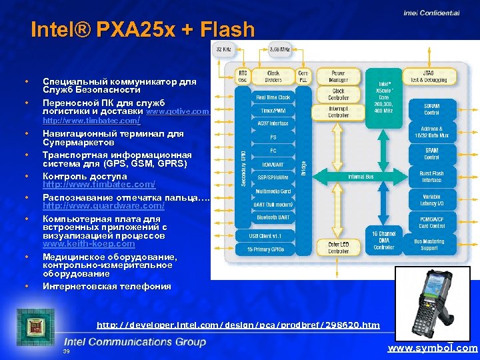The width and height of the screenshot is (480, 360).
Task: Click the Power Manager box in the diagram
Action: click(x=338, y=76)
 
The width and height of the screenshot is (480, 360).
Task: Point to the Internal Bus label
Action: click(x=362, y=177)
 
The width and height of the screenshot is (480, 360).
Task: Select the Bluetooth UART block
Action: click(x=273, y=218)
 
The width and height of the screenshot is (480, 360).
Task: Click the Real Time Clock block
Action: click(x=273, y=97)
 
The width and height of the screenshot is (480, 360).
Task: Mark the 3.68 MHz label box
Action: click(x=279, y=49)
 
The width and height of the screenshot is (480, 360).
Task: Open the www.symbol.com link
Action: click(x=433, y=348)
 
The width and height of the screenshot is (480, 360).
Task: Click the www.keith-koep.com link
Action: click(x=89, y=244)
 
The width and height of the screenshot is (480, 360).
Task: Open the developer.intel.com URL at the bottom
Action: click(x=238, y=325)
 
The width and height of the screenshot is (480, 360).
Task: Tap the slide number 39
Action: click(x=66, y=351)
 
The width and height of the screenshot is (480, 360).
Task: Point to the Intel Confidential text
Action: click(x=431, y=12)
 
